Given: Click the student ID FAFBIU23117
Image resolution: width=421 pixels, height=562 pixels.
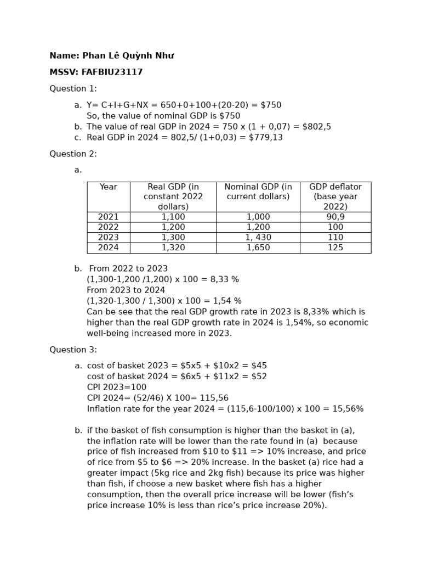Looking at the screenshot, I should [x=112, y=72].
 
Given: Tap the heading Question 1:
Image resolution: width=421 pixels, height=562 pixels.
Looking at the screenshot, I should [x=73, y=88].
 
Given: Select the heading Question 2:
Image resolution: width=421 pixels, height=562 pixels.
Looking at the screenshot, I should [x=73, y=154].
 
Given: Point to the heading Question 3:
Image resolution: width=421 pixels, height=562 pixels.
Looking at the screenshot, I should [x=73, y=350].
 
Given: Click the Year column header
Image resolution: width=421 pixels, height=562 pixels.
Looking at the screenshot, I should [x=108, y=187].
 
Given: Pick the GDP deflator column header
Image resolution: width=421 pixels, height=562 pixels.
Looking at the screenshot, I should [x=335, y=196].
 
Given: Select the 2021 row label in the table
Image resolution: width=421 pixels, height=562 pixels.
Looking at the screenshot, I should [x=108, y=217].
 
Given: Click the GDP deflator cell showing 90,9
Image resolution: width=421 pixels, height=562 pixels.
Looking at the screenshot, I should [x=335, y=217].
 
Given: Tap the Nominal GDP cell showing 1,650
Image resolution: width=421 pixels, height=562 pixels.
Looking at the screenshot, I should [x=258, y=248].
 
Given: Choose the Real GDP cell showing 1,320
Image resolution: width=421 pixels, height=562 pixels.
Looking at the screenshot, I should [x=173, y=248].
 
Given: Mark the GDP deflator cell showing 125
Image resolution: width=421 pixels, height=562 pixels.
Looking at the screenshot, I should [x=335, y=248].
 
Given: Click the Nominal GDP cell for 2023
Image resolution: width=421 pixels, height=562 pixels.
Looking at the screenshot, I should [x=258, y=237].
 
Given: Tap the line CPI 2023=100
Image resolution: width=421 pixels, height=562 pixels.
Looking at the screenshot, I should [x=117, y=387].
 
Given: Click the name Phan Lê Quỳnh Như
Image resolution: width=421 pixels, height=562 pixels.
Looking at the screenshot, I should [x=128, y=55].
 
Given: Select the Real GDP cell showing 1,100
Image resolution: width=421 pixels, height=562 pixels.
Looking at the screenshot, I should [x=173, y=217].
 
